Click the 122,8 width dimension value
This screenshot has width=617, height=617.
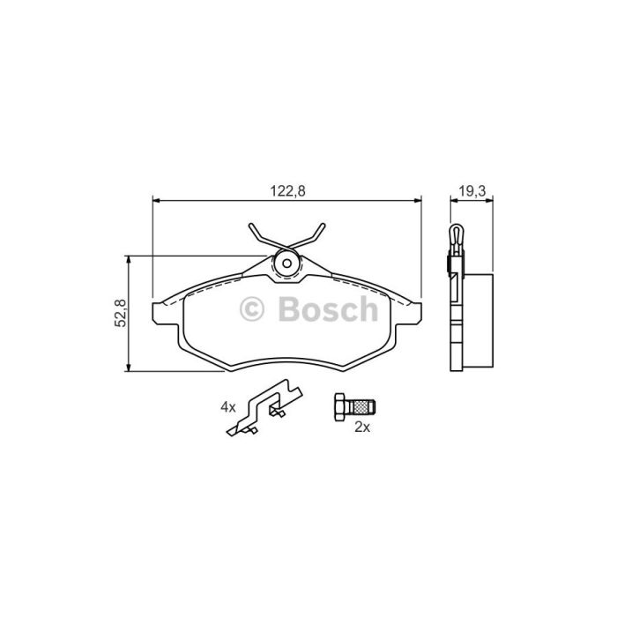(x=287, y=191)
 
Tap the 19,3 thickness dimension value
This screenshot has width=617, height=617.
(x=472, y=191)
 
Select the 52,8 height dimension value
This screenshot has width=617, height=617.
(x=121, y=313)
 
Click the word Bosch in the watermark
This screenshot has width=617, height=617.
(x=328, y=308)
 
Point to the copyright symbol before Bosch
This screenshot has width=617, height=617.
(x=252, y=308)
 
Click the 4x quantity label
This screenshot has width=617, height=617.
(x=227, y=407)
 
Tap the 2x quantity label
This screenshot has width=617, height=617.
(x=362, y=427)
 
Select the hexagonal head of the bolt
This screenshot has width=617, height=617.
(x=341, y=407)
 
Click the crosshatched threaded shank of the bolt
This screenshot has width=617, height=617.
(x=362, y=407)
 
